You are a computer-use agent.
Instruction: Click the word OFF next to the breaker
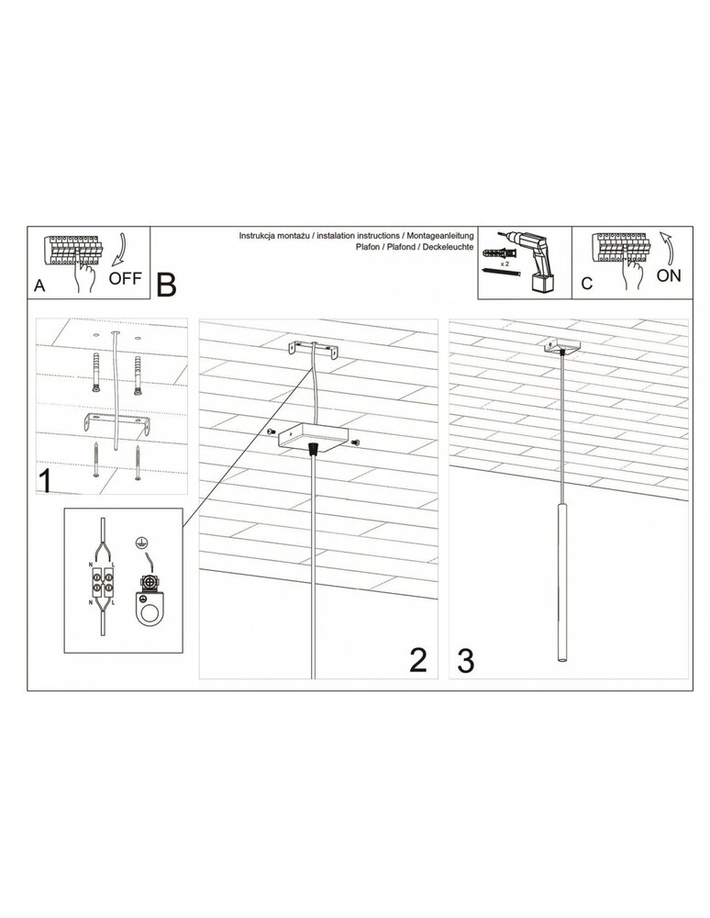[x=126, y=279]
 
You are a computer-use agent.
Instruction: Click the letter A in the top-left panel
[x=39, y=285]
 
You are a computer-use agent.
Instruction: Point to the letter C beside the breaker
[x=586, y=285]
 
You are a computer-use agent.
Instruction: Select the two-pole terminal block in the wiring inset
[x=101, y=584]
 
